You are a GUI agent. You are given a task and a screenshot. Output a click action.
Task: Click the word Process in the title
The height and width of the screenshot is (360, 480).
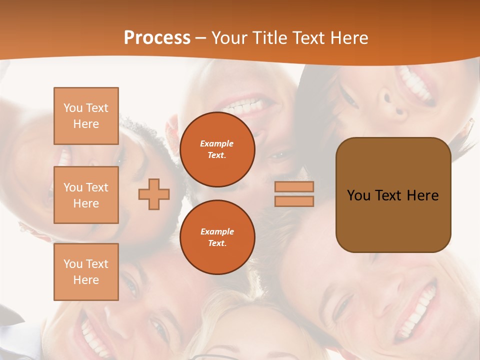157,38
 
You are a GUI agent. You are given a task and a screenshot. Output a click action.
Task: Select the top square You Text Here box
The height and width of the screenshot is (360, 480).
86,116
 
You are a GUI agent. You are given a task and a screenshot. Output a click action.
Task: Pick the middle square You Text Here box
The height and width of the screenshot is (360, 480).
86,195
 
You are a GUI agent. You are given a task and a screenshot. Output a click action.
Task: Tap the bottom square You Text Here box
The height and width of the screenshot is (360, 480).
86,272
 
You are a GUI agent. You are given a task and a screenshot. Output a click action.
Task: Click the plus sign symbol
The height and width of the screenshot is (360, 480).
154,194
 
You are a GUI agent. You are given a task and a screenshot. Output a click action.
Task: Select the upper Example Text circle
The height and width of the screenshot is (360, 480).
217,149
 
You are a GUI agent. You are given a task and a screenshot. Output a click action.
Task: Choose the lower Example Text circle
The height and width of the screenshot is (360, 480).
217,237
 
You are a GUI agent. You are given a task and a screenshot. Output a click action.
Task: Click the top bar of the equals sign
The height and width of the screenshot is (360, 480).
294,187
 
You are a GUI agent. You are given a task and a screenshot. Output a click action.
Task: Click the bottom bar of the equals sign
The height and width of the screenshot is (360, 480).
294,201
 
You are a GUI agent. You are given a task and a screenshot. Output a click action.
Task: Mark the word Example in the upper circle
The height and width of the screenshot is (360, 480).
217,143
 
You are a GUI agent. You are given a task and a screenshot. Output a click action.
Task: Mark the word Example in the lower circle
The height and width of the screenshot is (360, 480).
217,231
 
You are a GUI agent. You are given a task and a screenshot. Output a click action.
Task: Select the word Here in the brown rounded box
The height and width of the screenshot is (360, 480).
423,195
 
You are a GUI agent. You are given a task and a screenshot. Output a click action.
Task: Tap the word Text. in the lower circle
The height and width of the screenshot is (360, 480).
217,243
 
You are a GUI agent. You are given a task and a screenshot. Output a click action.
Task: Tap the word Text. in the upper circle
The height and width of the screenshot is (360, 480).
217,155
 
